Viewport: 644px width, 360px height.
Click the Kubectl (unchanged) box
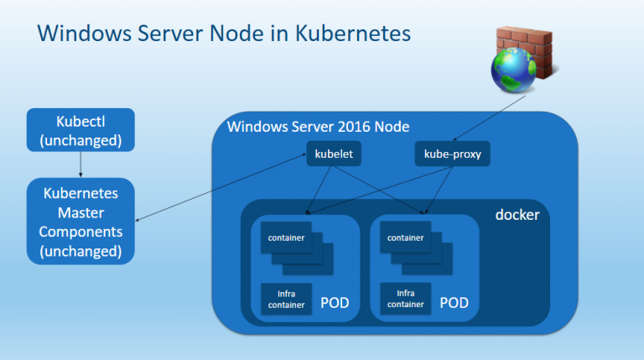pyautogui.click(x=80, y=130)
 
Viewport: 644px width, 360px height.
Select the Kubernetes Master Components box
pyautogui.click(x=80, y=221)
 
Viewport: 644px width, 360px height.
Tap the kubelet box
pyautogui.click(x=334, y=154)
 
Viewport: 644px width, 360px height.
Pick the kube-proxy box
pyautogui.click(x=453, y=154)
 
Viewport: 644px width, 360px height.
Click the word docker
pyautogui.click(x=517, y=215)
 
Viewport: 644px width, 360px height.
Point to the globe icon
pyautogui.click(x=513, y=70)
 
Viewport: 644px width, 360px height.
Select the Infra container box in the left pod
pyautogui.click(x=286, y=300)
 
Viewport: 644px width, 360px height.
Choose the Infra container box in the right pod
pyautogui.click(x=405, y=299)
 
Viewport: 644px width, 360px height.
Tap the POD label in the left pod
pyautogui.click(x=335, y=303)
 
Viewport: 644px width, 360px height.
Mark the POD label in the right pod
pyautogui.click(x=454, y=303)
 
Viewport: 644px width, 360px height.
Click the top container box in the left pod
pyautogui.click(x=286, y=237)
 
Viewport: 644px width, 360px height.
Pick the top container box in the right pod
pyautogui.click(x=405, y=237)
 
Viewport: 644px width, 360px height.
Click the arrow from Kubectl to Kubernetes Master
pyautogui.click(x=80, y=164)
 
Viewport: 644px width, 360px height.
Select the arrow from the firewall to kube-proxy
pyautogui.click(x=489, y=118)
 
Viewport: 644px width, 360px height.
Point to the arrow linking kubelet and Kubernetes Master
pyautogui.click(x=221, y=187)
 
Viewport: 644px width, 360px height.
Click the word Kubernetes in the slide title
pyautogui.click(x=353, y=33)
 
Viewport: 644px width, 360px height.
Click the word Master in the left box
pyautogui.click(x=80, y=212)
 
